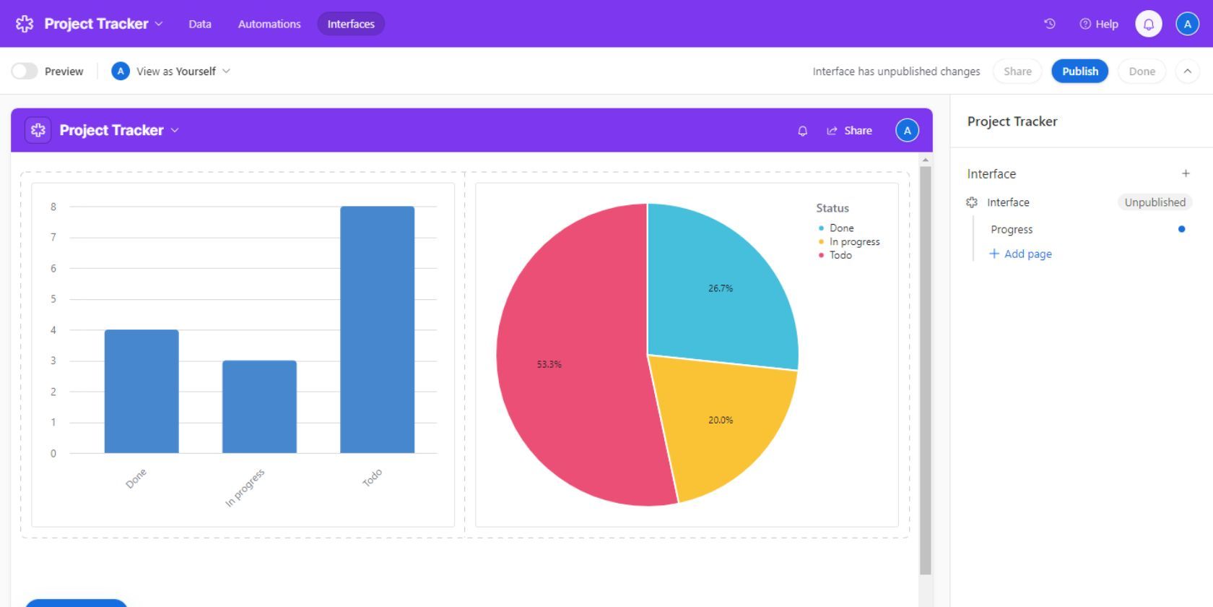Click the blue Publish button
click(x=1079, y=72)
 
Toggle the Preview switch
click(x=25, y=72)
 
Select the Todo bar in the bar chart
click(x=377, y=330)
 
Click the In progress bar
click(x=259, y=407)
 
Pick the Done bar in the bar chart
click(x=142, y=391)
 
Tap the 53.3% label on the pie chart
click(x=549, y=364)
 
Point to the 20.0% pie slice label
click(x=721, y=420)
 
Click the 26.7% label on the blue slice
click(x=721, y=288)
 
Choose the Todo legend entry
click(x=840, y=255)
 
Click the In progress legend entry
click(x=854, y=242)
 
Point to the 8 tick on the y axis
click(x=53, y=207)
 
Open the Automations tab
click(x=269, y=24)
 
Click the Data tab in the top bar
click(x=200, y=24)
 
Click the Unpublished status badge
click(x=1155, y=202)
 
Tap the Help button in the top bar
click(x=1099, y=24)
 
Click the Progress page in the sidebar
click(x=1012, y=229)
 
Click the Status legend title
click(x=832, y=208)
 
